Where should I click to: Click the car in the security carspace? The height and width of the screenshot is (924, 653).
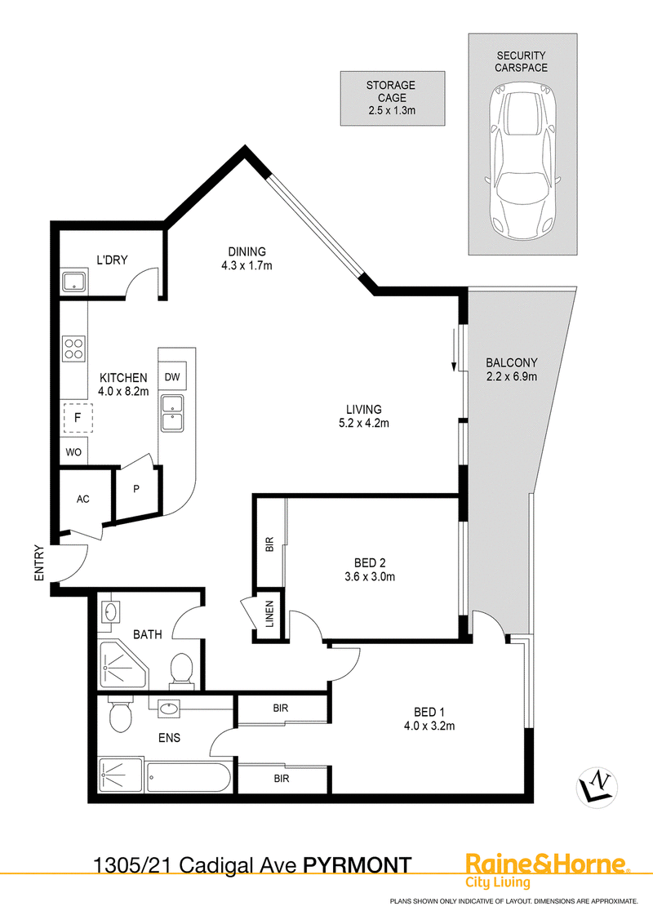pos(522,161)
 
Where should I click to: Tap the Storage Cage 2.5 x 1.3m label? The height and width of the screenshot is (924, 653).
pos(391,98)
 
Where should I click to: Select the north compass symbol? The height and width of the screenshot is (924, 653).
pos(597,786)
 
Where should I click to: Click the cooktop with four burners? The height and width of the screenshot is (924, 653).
pos(74,348)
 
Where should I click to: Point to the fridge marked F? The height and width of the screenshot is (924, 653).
pos(78,418)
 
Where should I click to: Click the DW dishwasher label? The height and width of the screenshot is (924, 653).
pos(172,376)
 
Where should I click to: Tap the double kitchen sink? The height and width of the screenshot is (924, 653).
pos(173,412)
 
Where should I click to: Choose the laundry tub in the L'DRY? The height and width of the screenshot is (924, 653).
pos(75,281)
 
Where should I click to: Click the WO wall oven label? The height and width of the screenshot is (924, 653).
pos(73,452)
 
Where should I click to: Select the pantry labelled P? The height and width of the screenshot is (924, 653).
pos(137,491)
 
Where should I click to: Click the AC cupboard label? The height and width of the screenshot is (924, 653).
pos(83,499)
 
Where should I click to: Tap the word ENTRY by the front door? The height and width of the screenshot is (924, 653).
pos(39,562)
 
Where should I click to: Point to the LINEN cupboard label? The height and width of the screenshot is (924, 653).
pos(269,614)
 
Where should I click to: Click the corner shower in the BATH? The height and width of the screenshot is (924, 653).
pos(122,664)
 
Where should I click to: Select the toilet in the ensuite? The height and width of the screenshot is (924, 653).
pos(122,714)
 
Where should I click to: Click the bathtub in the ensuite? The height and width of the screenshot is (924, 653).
pos(188,777)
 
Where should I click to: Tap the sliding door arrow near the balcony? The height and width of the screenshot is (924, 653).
pos(454,351)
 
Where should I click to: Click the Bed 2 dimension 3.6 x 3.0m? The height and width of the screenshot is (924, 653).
pos(370,577)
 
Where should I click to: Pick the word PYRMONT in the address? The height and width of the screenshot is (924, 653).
pos(358,865)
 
